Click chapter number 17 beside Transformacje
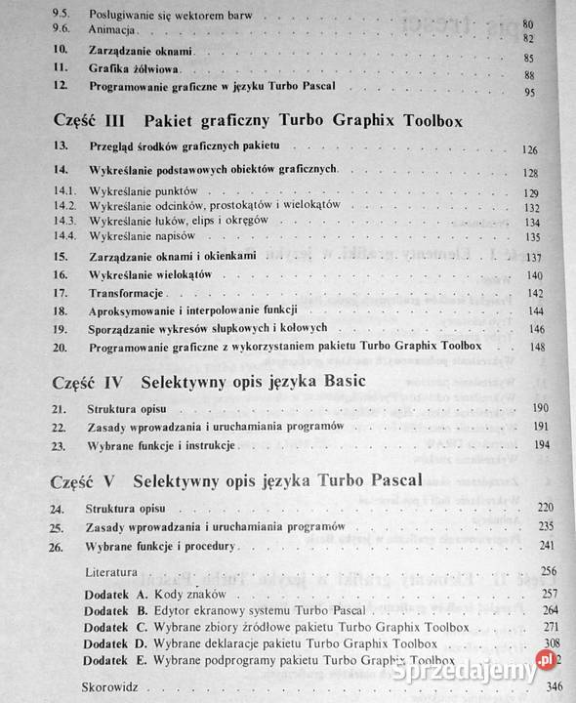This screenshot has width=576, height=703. [x=62, y=292]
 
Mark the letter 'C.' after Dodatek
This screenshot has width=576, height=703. [x=141, y=625]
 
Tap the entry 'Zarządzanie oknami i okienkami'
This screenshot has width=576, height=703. [x=172, y=257]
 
